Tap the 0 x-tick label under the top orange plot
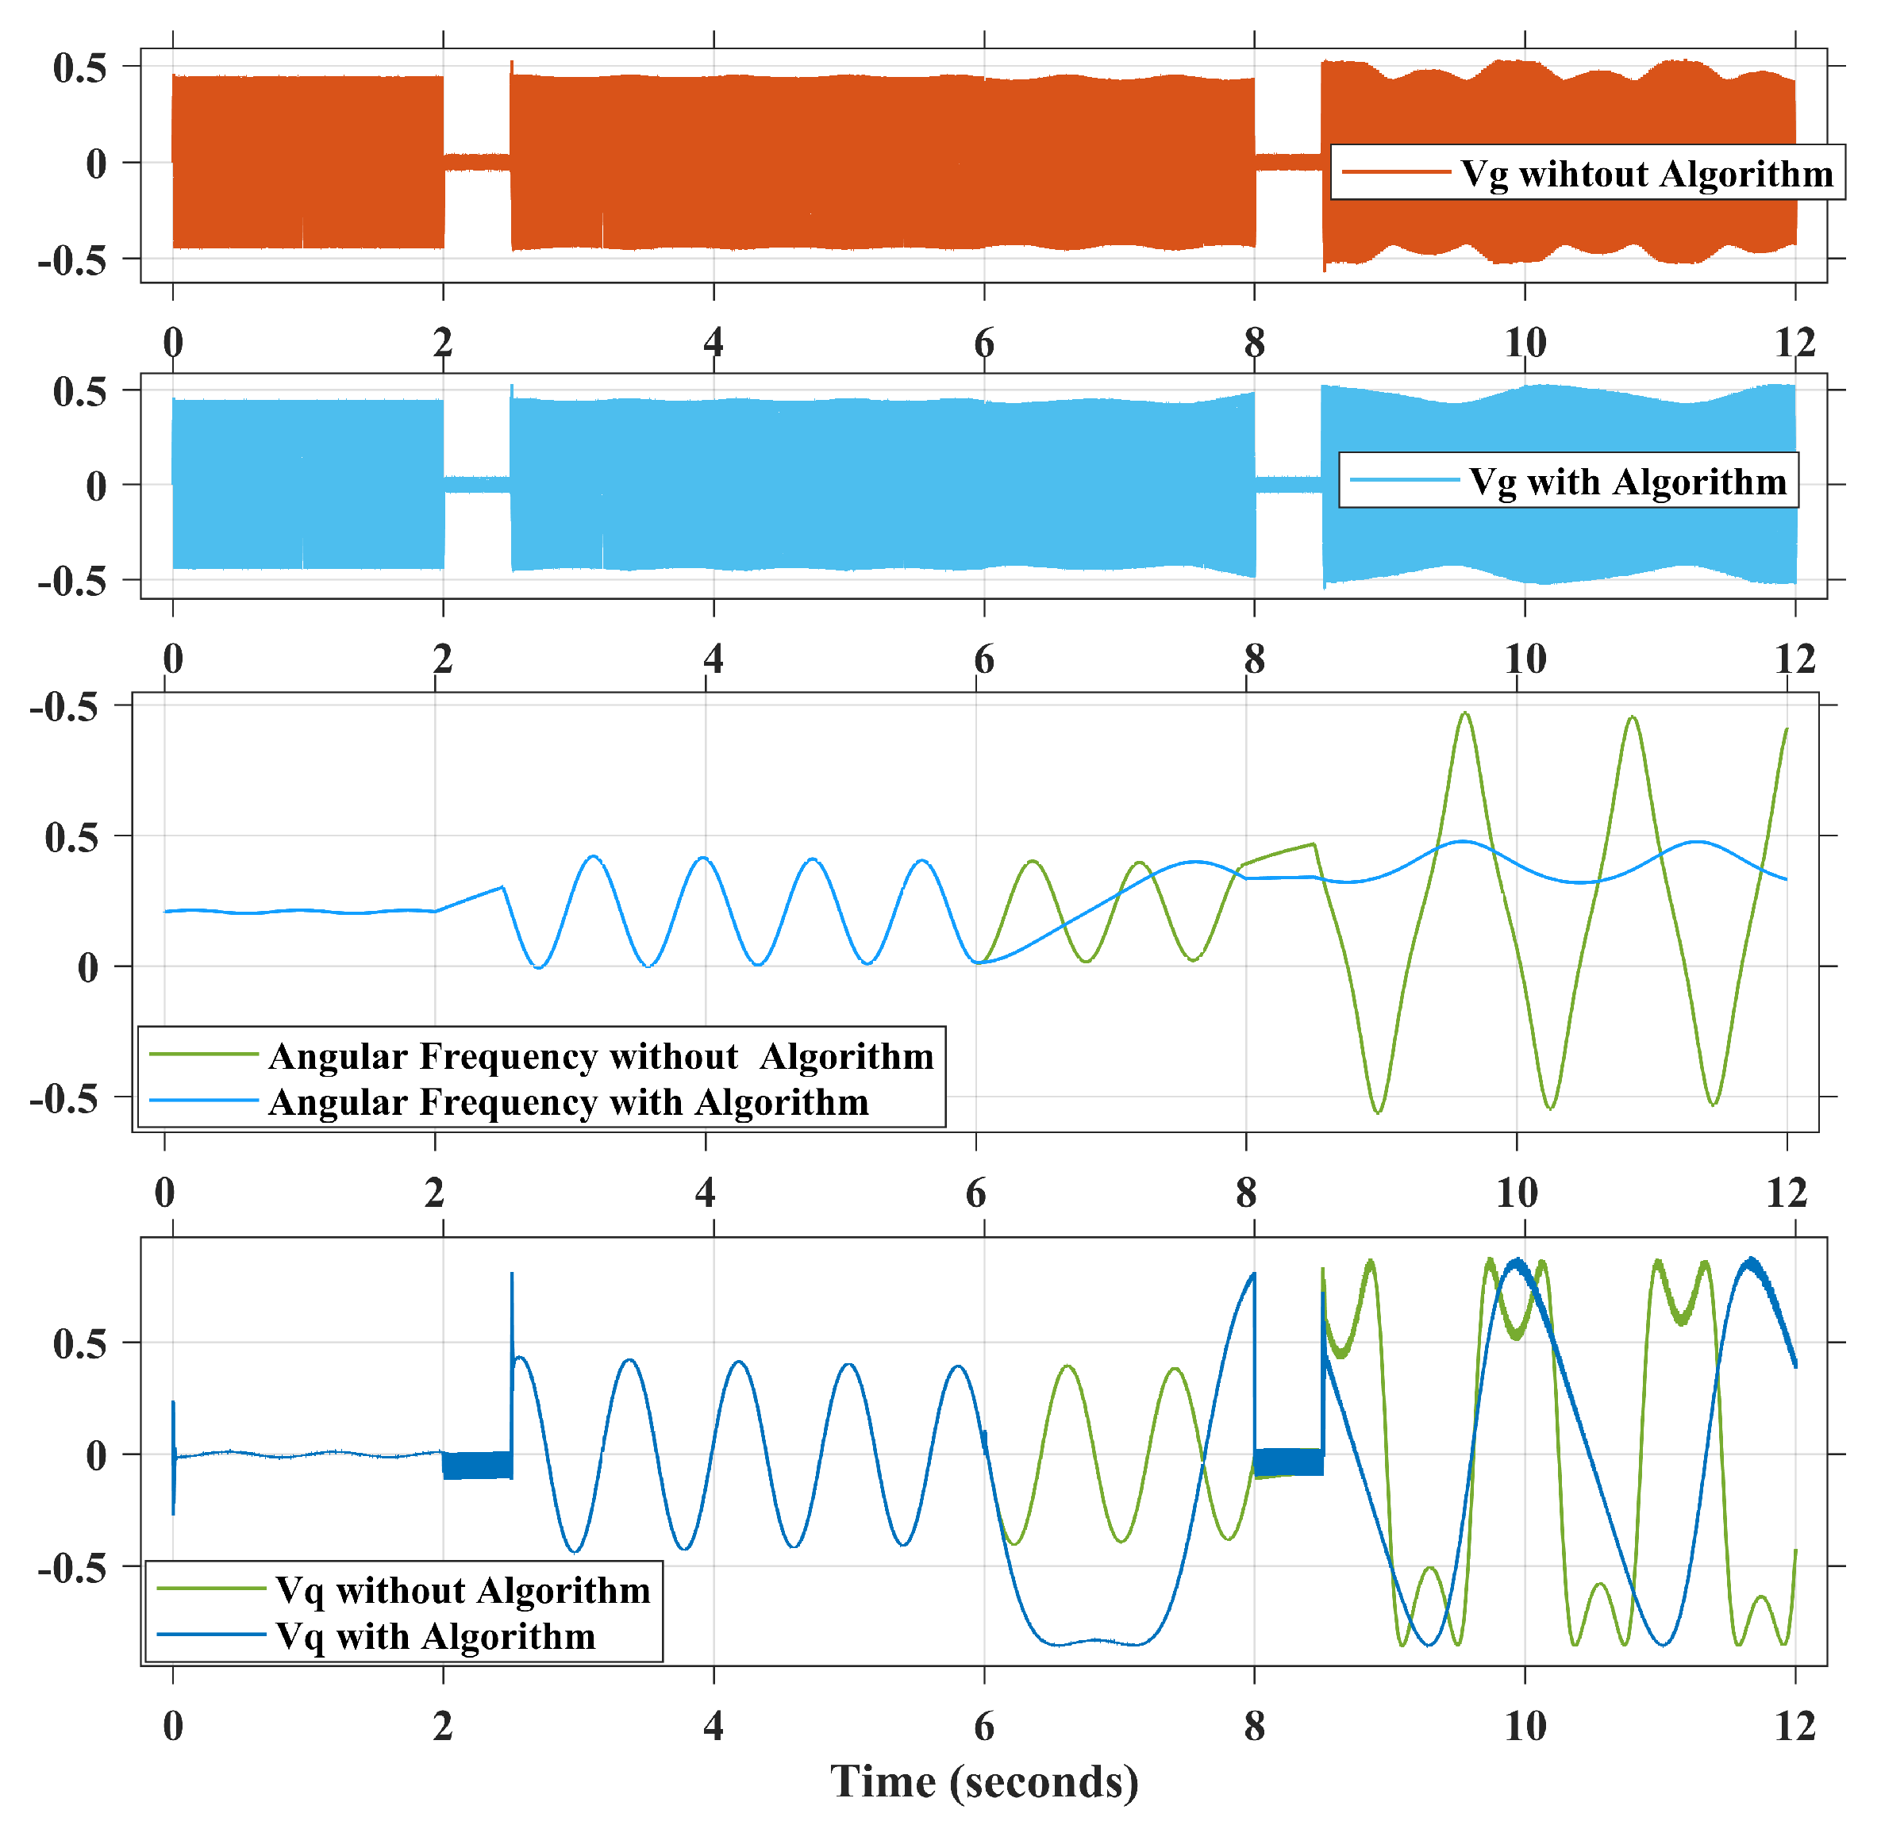tap(173, 343)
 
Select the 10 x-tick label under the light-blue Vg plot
tap(1524, 659)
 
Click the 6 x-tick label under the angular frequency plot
tap(975, 1193)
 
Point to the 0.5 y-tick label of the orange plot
tap(79, 68)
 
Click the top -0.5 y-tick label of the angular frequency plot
tap(64, 707)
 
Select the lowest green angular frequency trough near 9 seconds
tap(1378, 1111)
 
